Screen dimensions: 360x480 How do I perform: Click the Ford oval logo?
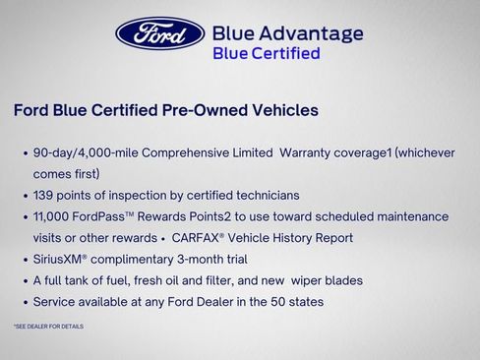coord(159,32)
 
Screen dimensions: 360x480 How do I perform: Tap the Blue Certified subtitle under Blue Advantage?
coord(267,53)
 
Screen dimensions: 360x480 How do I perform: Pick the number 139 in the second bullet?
coord(46,195)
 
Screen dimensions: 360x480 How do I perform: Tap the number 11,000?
coord(54,216)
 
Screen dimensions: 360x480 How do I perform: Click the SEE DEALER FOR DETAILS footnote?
coord(48,326)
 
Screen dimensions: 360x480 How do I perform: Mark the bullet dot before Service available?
coord(24,302)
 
